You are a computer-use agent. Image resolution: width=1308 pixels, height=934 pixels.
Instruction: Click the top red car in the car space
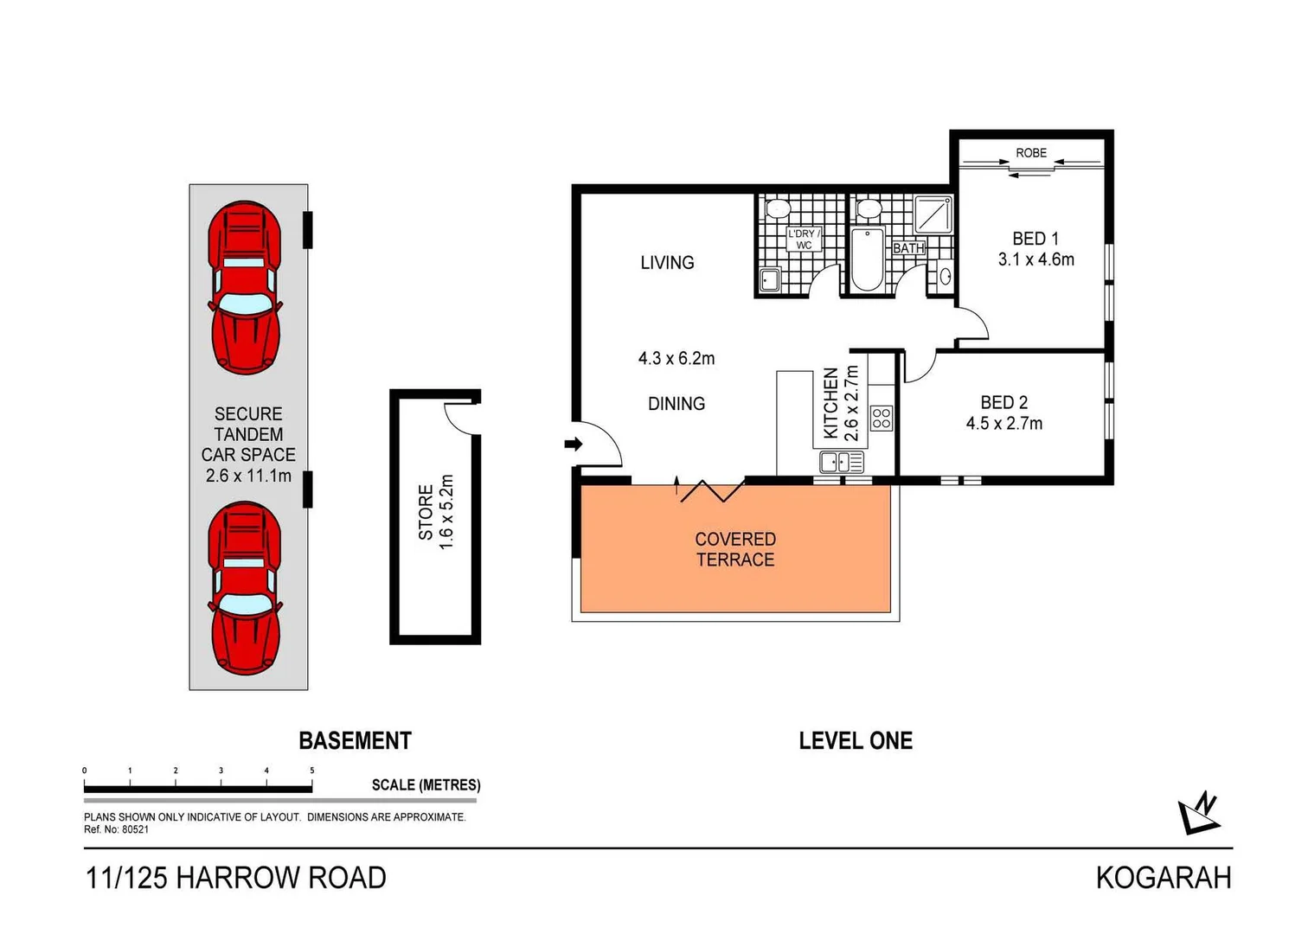[x=246, y=287]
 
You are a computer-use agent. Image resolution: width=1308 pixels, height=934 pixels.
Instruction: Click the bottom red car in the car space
[x=246, y=588]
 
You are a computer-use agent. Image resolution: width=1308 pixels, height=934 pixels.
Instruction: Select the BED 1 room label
[x=1035, y=239]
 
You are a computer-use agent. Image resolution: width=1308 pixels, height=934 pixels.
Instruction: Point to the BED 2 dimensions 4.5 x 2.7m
[x=1003, y=424]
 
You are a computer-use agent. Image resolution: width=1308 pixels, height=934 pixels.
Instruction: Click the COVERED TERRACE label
[x=735, y=549]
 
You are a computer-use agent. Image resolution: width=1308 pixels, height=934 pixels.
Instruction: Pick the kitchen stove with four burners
[x=882, y=419]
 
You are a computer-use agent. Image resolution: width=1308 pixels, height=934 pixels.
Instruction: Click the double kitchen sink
[x=842, y=462]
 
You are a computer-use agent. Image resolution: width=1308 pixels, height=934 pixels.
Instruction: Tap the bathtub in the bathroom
[x=868, y=259]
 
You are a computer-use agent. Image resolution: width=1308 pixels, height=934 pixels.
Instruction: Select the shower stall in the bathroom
[x=934, y=214]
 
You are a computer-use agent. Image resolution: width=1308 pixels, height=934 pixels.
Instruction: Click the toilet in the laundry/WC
[x=779, y=208]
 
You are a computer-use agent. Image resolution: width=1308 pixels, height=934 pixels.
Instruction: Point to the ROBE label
[x=1031, y=153]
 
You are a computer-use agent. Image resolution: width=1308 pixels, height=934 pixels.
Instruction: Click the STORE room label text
[x=426, y=512]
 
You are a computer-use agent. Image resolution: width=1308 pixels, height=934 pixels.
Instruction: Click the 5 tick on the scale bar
[x=312, y=771]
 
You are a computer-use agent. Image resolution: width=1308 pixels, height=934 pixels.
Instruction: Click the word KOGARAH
[x=1163, y=878]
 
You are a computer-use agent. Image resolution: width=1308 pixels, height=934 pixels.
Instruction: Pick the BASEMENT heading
[x=355, y=741]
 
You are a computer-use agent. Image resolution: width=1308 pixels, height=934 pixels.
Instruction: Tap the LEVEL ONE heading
[x=856, y=741]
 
